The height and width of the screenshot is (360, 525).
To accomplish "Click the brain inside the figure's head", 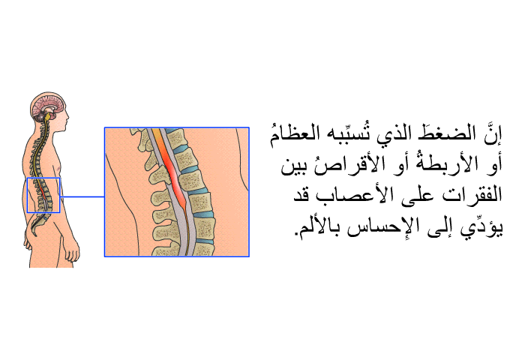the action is coord(49,106).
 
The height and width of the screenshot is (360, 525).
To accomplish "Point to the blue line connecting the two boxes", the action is coord(82,197).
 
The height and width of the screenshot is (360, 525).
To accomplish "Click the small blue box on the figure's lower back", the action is coord(43,178).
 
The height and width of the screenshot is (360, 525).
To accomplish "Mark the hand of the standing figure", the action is coord(72,250).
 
